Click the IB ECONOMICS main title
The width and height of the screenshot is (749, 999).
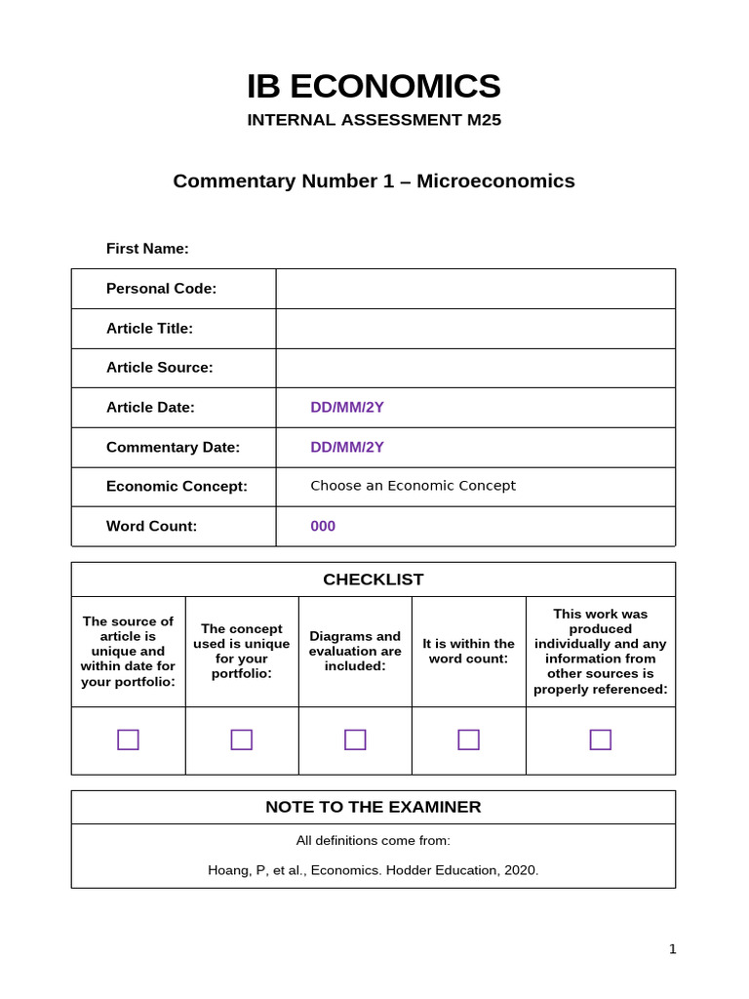point(374,87)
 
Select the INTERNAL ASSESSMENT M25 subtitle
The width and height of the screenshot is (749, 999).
point(374,120)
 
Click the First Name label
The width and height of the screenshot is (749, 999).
point(147,249)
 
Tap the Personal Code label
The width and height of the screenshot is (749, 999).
point(161,289)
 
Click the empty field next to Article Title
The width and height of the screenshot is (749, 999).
point(475,329)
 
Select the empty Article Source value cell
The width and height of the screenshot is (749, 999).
point(475,368)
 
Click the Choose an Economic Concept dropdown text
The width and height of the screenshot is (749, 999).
point(413,486)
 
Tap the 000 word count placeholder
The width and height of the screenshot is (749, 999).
point(323,527)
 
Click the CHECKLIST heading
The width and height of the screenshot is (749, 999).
point(374,579)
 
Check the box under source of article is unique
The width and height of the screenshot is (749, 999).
point(128,739)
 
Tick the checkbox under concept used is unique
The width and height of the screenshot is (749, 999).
point(242,739)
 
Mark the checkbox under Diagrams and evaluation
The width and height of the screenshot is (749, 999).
point(355,739)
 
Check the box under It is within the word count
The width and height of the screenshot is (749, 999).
point(468,739)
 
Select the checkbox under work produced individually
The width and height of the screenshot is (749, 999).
point(601,739)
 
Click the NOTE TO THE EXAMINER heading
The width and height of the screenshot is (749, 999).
point(374,807)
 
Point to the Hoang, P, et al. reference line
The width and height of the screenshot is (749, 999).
point(374,870)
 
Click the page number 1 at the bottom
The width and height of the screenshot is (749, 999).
point(672,949)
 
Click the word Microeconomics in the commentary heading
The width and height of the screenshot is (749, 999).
point(495,181)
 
